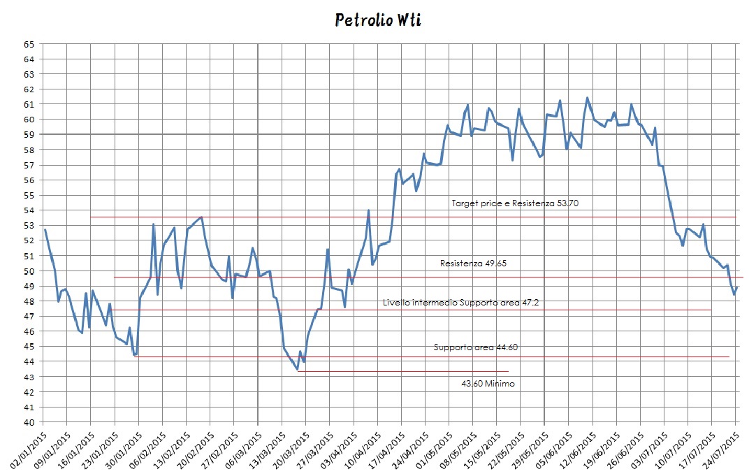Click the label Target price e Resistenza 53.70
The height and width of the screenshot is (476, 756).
pyautogui.click(x=516, y=203)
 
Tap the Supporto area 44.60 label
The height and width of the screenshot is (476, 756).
pyautogui.click(x=476, y=347)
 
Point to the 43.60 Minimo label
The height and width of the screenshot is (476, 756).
pyautogui.click(x=488, y=384)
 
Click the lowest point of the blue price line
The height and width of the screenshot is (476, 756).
pyautogui.click(x=298, y=370)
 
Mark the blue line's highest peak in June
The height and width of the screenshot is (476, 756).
pyautogui.click(x=587, y=98)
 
